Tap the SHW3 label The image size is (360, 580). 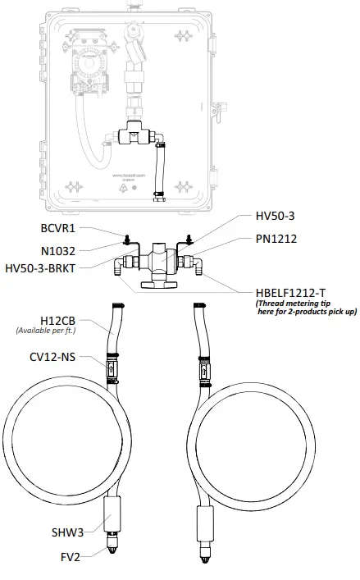(x=67, y=532)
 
